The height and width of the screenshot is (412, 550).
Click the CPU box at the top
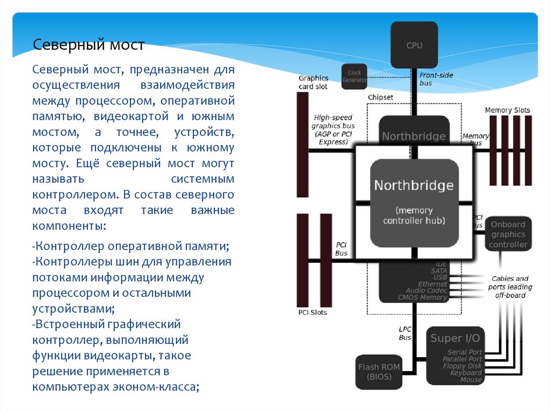pyautogui.click(x=414, y=45)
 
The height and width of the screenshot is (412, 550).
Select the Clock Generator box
pyautogui.click(x=354, y=76)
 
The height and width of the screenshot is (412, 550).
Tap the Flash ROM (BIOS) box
pyautogui.click(x=379, y=372)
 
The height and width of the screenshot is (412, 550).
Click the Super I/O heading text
pyautogui.click(x=455, y=338)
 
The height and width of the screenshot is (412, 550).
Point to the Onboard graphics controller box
pyautogui.click(x=508, y=234)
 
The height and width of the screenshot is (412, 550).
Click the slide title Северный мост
pyautogui.click(x=89, y=45)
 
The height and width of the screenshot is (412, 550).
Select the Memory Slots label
pyautogui.click(x=507, y=110)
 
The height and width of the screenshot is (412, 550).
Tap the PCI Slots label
pyautogui.click(x=312, y=312)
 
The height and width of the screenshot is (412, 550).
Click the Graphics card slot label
pyautogui.click(x=313, y=82)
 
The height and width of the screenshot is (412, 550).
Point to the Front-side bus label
pyautogui.click(x=436, y=79)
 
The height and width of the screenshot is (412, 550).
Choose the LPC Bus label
pyautogui.click(x=405, y=333)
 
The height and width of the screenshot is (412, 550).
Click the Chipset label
pyautogui.click(x=380, y=97)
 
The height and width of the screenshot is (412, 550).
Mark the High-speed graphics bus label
pyautogui.click(x=333, y=129)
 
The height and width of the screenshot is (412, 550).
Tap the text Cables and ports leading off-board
pyautogui.click(x=510, y=287)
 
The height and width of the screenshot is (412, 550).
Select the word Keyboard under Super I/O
pyautogui.click(x=466, y=373)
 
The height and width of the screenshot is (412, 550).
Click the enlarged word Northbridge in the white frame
pyautogui.click(x=414, y=186)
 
